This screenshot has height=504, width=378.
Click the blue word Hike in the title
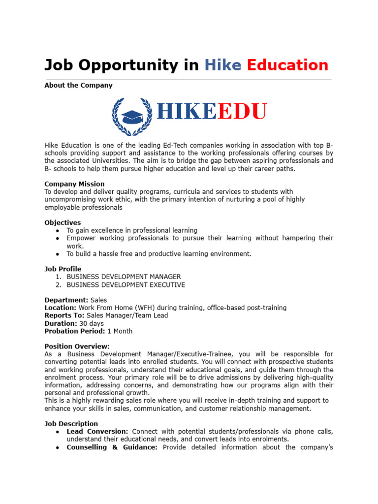222,65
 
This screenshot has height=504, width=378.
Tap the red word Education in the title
287,65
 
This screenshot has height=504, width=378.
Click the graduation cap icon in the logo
132,117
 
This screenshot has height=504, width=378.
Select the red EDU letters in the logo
242,112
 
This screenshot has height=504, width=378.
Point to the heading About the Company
78,85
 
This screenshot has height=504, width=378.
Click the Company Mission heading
74,184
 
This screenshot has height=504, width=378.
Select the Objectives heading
63,222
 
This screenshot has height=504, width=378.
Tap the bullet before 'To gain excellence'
58,230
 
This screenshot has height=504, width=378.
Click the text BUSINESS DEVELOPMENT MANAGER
124,277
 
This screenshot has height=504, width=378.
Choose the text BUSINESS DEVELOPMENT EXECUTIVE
126,284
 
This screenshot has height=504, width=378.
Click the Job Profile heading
63,269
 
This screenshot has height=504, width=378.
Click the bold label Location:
61,308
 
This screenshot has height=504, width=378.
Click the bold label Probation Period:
75,331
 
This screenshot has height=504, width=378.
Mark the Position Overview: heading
77,346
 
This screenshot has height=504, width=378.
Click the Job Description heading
71,424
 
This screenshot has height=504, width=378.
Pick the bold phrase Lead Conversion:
97,432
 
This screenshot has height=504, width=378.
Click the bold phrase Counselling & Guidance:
112,447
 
